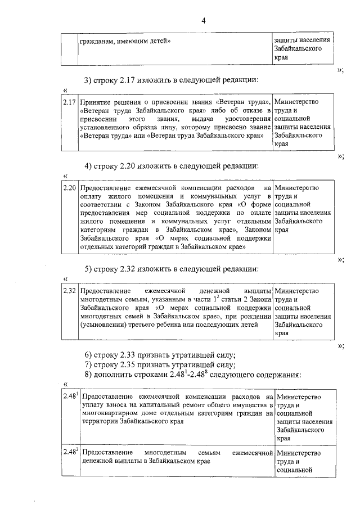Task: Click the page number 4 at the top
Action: (204, 21)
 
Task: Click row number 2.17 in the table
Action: (69, 102)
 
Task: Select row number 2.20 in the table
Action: (69, 188)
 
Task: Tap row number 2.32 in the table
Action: (69, 291)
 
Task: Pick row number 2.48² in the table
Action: (70, 452)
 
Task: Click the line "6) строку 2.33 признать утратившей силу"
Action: (159, 355)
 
